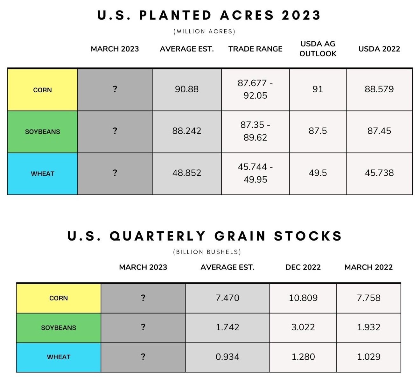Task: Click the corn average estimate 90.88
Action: coord(186,89)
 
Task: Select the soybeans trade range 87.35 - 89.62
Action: coord(255,131)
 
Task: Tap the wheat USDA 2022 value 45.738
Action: coord(379,173)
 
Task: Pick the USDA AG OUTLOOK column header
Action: coord(318,49)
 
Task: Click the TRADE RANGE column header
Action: coord(255,49)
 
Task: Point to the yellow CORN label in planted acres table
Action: coord(43,90)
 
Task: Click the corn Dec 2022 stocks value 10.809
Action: coord(303,298)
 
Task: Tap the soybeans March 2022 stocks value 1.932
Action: coord(369,327)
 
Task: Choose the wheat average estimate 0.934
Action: coord(227,357)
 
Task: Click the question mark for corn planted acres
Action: coord(115,89)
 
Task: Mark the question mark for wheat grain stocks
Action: coord(143,356)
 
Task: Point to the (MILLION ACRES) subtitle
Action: coord(204,32)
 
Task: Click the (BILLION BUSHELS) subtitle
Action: coord(207,252)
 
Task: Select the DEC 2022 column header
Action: coord(303,267)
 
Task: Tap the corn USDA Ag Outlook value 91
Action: coord(318,89)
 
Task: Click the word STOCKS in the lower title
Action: coord(308,236)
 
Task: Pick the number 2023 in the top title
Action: coord(301,15)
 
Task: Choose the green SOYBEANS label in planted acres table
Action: coord(43,132)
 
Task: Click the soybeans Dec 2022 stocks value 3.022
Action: coord(303,327)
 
